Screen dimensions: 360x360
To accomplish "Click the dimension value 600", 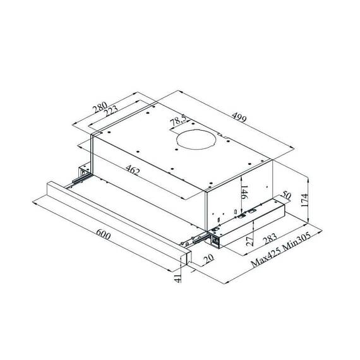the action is click(x=103, y=235).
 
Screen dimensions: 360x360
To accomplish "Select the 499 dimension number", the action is click(x=239, y=117).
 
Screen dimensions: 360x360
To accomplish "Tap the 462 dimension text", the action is click(x=133, y=170).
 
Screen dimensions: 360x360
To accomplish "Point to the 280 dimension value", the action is click(x=100, y=107).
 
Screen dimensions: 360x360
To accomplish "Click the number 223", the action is click(x=111, y=111).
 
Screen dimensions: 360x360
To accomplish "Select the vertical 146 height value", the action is click(x=244, y=192).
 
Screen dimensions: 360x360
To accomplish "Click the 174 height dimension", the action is click(x=304, y=200).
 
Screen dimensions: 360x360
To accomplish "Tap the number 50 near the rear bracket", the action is click(x=286, y=195).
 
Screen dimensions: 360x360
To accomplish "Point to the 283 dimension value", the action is click(x=270, y=239).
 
